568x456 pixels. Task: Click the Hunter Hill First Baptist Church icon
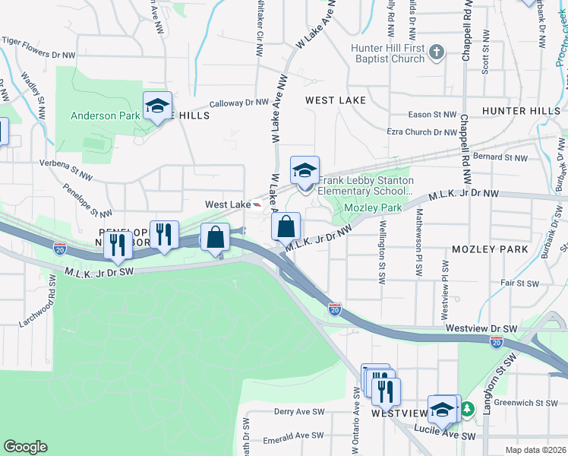point(436,52)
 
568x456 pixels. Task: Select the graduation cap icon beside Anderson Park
point(157,106)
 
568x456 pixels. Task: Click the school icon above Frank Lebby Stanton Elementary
point(305,171)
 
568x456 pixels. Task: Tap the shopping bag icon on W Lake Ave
point(286,227)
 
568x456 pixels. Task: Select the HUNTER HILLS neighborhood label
point(520,111)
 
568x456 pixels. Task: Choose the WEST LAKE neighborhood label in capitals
point(336,100)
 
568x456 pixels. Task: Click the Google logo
point(25,447)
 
